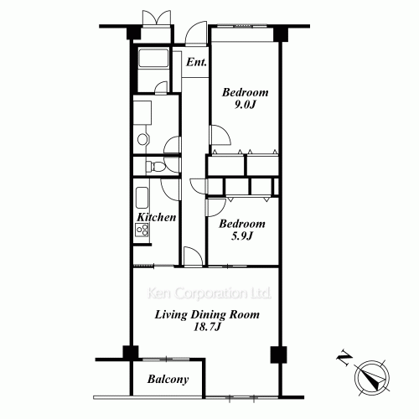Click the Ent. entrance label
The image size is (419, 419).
coord(197,63)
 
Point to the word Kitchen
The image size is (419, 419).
coord(157,217)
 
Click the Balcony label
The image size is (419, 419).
coord(168,380)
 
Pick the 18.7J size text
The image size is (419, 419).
coord(207,328)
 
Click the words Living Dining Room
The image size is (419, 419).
coord(206,314)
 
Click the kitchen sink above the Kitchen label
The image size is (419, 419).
coord(141,200)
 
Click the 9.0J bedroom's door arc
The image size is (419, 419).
coord(218,136)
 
